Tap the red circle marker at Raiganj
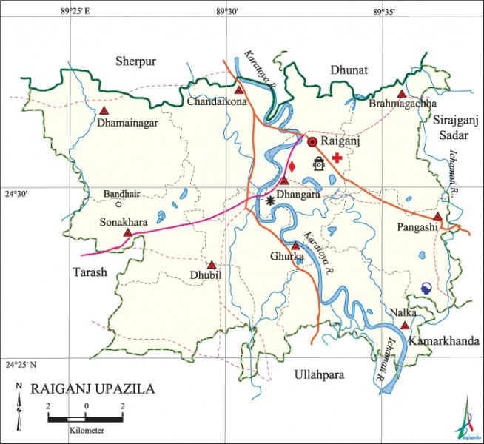[x=312, y=141]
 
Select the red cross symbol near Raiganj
[x=337, y=158]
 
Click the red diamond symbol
[x=292, y=166]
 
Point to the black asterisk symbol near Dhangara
[x=271, y=200]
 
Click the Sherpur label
[x=135, y=62]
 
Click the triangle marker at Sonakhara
[x=127, y=233]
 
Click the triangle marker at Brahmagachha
[x=401, y=94]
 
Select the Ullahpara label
[x=318, y=375]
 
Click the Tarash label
[x=90, y=272]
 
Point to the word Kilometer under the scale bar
[x=85, y=430]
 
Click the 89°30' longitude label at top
[x=227, y=12]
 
